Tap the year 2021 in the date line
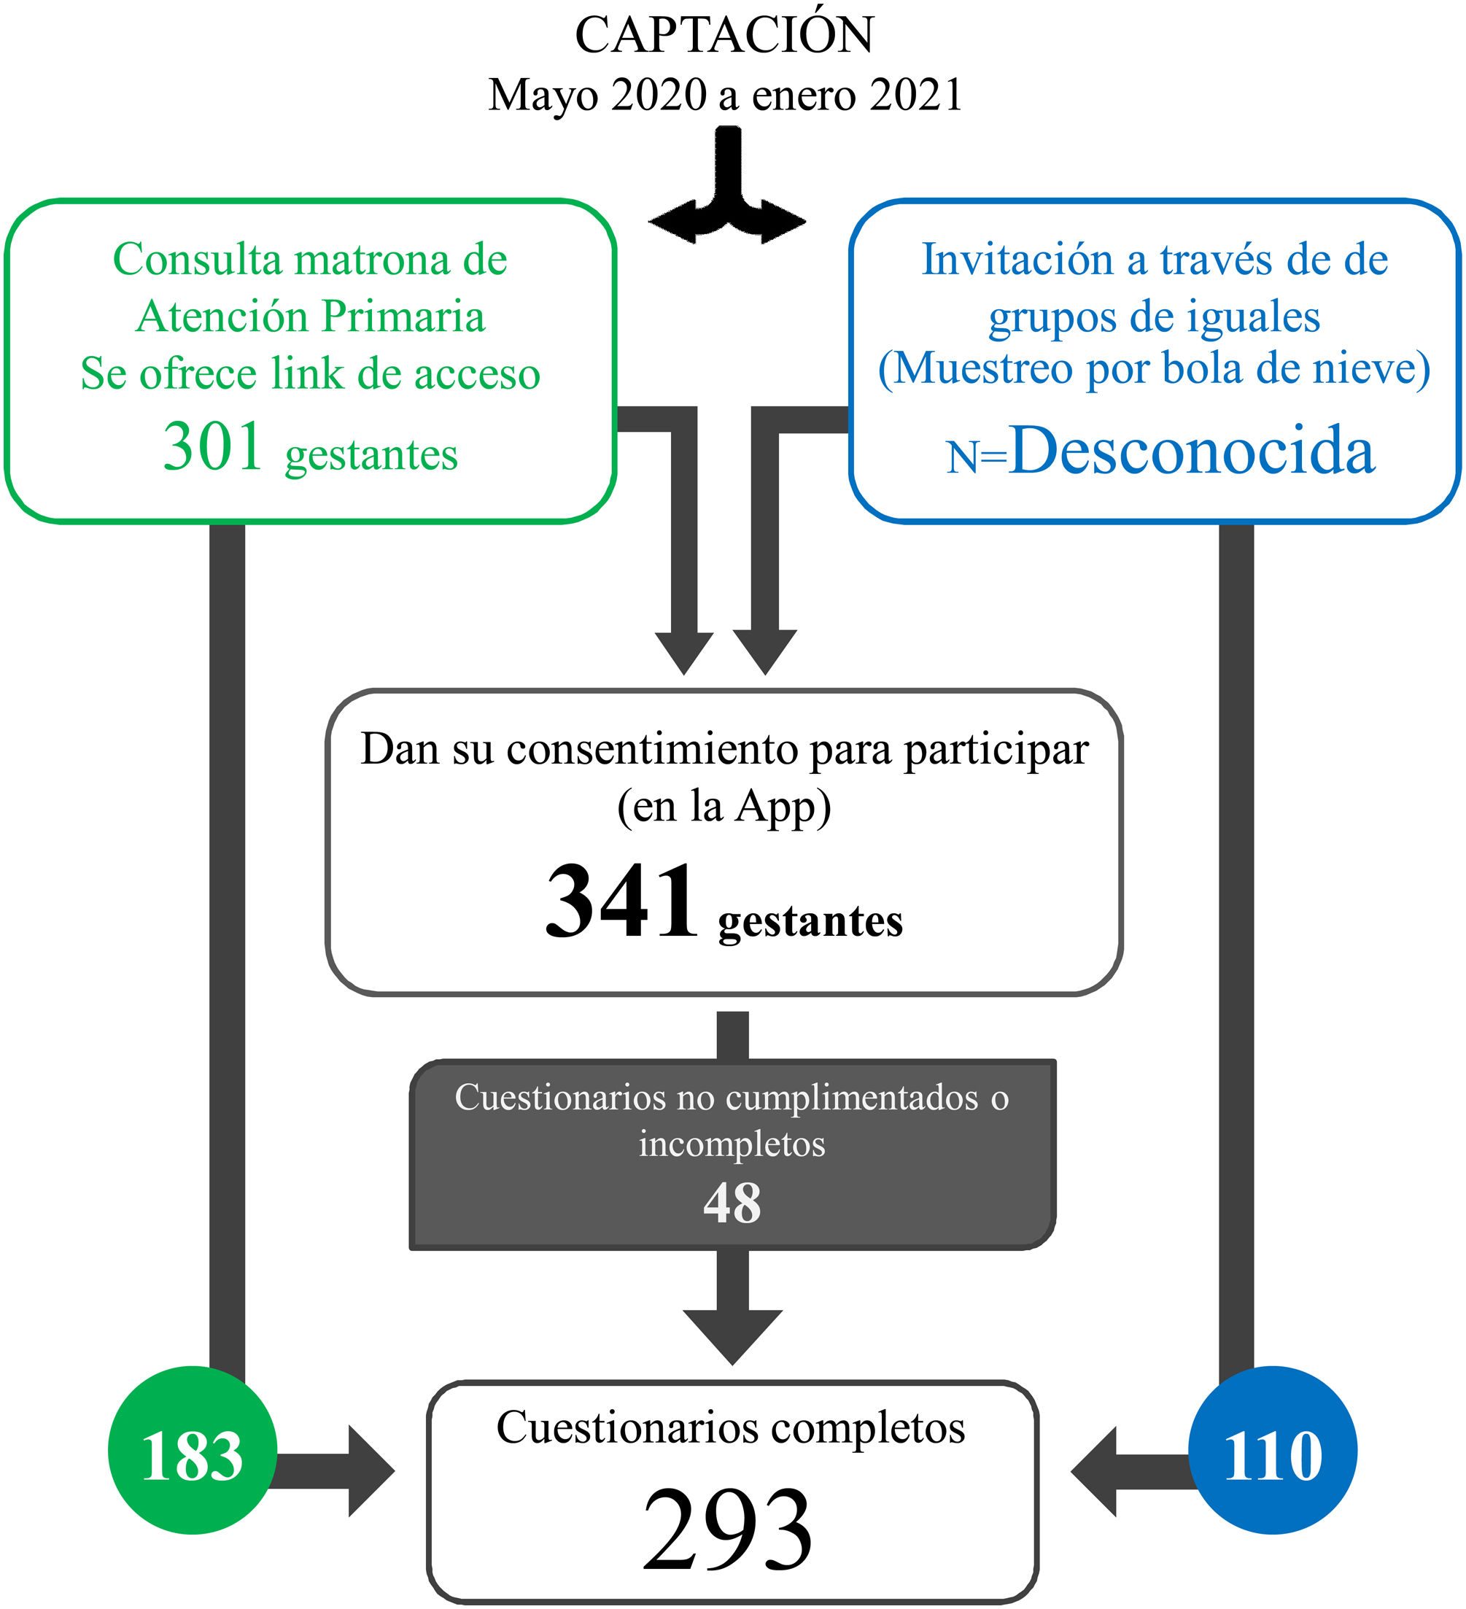(915, 95)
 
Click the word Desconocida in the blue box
(1191, 451)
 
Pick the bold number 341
(621, 902)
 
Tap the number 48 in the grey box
(732, 1203)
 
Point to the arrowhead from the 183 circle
(370, 1470)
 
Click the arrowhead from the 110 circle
(1095, 1471)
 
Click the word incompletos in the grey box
(732, 1144)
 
